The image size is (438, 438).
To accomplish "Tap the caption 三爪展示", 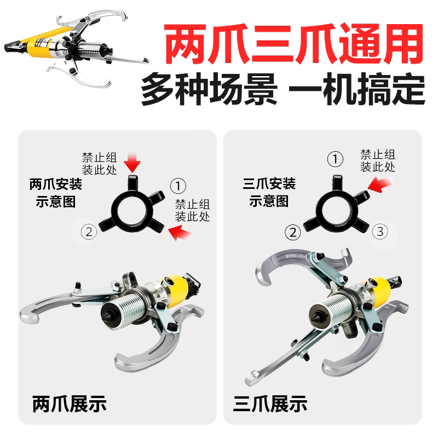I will [x=270, y=405].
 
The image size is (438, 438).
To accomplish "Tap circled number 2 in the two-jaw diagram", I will [x=89, y=232].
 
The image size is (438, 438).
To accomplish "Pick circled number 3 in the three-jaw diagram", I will [x=380, y=232].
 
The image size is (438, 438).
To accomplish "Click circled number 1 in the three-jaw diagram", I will [x=335, y=159].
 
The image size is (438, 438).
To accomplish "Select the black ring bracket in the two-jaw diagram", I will [x=131, y=206].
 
